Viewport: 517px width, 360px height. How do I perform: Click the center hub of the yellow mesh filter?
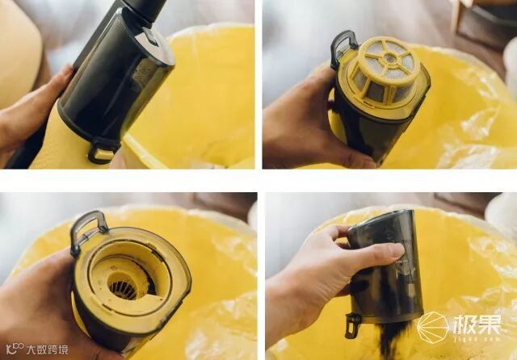pos(391,57)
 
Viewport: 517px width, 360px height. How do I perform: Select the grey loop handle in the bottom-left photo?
pos(86,230)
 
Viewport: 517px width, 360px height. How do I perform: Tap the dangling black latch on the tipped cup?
pos(353,324)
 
